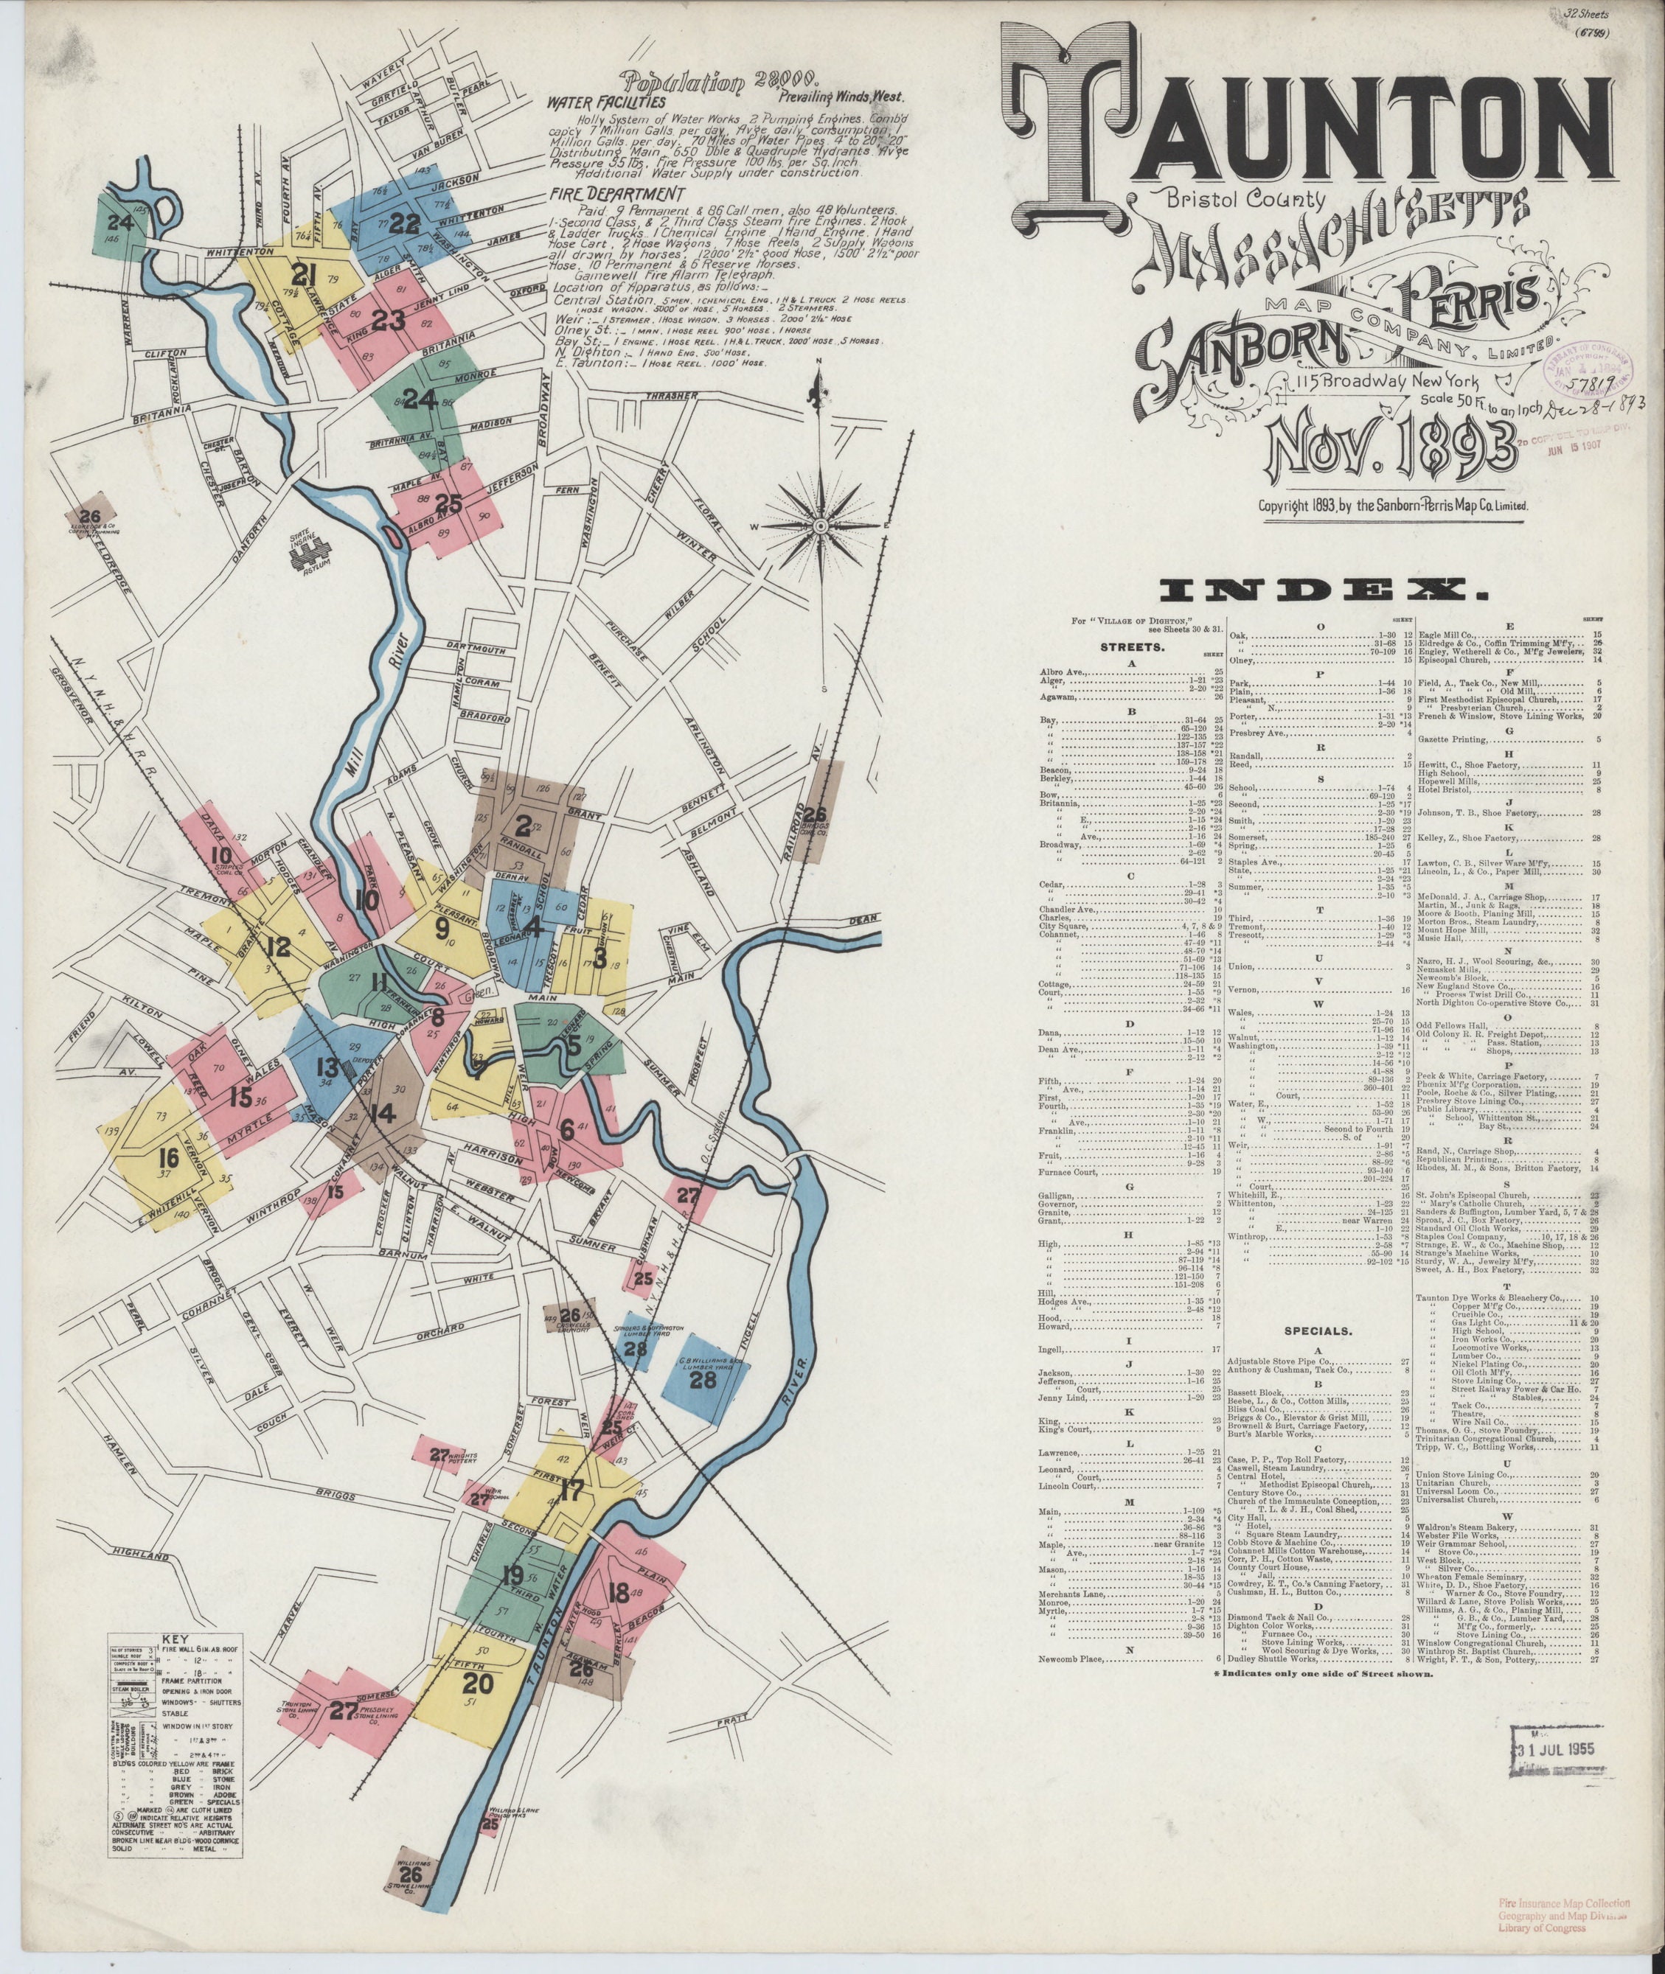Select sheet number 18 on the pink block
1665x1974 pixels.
click(618, 1594)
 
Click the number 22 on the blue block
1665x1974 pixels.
click(404, 223)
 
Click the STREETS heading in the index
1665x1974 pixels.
click(1132, 648)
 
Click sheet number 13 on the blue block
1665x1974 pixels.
click(327, 1068)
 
